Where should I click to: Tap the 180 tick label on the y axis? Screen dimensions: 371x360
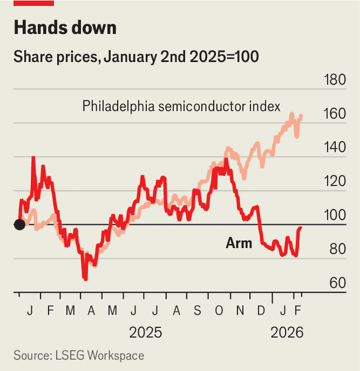click(x=333, y=80)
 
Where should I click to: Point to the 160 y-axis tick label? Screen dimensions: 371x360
click(x=333, y=114)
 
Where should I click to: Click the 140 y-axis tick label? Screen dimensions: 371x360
click(x=333, y=148)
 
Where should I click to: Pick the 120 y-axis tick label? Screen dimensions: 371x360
click(x=333, y=182)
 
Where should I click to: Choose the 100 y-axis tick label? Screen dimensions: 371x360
click(x=333, y=215)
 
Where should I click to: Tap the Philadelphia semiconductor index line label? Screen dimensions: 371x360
click(x=181, y=107)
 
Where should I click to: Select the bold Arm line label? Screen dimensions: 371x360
click(x=239, y=243)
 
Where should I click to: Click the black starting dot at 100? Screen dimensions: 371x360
click(x=19, y=224)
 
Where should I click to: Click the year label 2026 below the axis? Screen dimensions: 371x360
click(x=287, y=333)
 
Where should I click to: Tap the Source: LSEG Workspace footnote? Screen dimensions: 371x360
click(x=79, y=356)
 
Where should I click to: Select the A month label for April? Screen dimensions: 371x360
click(x=92, y=310)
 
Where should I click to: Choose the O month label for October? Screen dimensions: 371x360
click(x=219, y=310)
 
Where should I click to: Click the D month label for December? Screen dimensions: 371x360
click(x=261, y=310)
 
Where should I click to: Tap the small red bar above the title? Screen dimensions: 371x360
click(x=34, y=3)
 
